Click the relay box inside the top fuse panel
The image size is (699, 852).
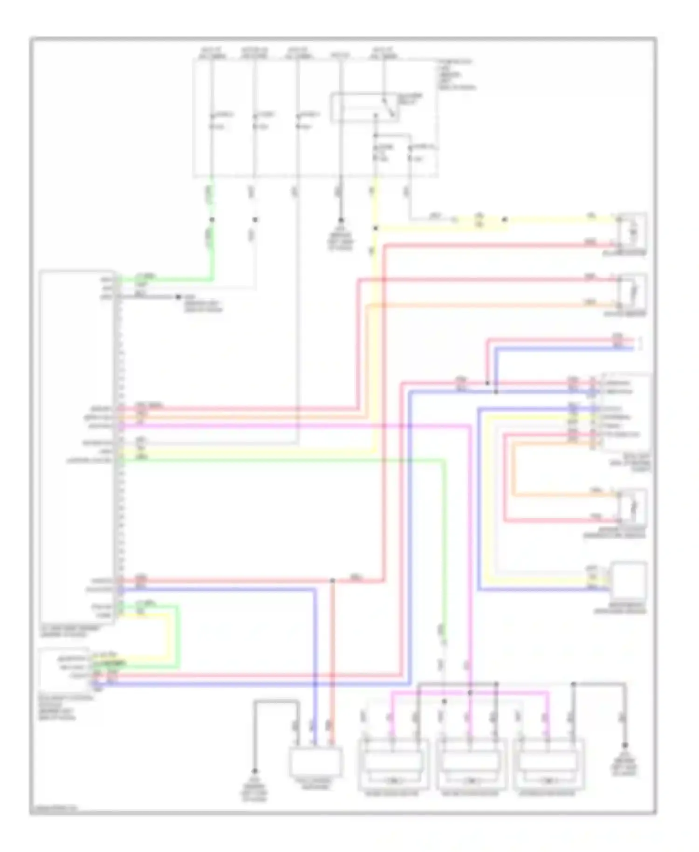pyautogui.click(x=364, y=108)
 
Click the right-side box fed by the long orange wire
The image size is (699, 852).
pyautogui.click(x=632, y=291)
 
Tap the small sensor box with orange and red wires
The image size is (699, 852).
pyautogui.click(x=632, y=507)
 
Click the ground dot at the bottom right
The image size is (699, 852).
pyautogui.click(x=625, y=745)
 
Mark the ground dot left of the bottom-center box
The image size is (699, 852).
pyautogui.click(x=255, y=771)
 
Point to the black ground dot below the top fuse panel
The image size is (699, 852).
pyautogui.click(x=341, y=220)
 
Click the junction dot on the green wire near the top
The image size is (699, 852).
pyautogui.click(x=212, y=220)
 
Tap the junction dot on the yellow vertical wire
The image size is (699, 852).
pyautogui.click(x=375, y=228)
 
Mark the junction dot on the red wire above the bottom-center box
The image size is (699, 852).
pyautogui.click(x=332, y=581)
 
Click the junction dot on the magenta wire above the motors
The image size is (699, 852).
pyautogui.click(x=470, y=693)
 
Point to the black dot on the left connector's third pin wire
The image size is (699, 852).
pyautogui.click(x=178, y=296)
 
